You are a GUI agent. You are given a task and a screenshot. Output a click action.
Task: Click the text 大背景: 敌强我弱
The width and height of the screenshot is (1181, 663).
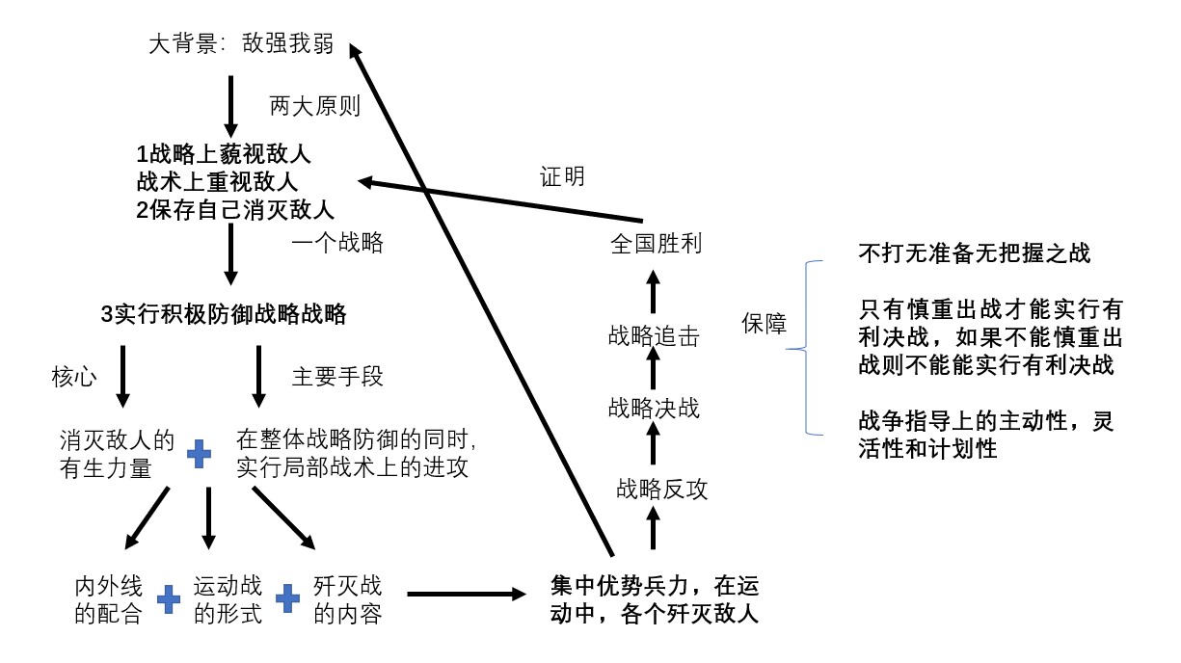coord(241,45)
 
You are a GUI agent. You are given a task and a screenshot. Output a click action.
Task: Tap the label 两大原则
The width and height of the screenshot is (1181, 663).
coord(314,106)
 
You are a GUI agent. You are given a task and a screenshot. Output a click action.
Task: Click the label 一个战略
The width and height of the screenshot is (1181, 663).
coord(337,243)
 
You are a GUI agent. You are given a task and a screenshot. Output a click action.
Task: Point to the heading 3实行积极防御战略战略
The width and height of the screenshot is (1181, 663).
coord(223,314)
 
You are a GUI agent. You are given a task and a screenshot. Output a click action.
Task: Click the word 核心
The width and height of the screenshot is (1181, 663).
coord(73,377)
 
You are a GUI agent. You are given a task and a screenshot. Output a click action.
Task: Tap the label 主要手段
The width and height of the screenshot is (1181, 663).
coord(337,377)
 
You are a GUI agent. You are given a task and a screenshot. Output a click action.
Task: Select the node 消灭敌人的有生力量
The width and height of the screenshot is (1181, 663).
coord(117,453)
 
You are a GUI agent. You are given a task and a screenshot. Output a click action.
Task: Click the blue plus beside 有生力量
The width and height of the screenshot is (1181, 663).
coord(199,454)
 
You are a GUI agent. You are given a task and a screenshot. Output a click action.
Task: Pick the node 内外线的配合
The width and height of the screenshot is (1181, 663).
coord(109,599)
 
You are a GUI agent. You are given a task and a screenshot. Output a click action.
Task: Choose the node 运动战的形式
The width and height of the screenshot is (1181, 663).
coord(228,599)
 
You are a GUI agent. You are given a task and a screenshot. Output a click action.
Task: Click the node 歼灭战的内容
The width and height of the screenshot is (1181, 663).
coord(347,599)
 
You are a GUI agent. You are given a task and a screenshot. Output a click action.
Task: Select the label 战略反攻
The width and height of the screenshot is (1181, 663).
coord(661,490)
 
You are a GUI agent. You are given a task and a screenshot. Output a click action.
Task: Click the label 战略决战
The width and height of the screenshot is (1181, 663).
coord(654,408)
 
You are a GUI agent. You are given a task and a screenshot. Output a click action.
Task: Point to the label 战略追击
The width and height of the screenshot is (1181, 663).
coord(654,335)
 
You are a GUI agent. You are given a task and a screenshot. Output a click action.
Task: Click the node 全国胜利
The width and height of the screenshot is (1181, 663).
coord(656,244)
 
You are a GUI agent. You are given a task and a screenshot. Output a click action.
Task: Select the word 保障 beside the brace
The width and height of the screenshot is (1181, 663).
coord(764,325)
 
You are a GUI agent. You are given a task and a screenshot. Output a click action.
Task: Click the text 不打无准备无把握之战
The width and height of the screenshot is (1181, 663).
coord(974,253)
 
